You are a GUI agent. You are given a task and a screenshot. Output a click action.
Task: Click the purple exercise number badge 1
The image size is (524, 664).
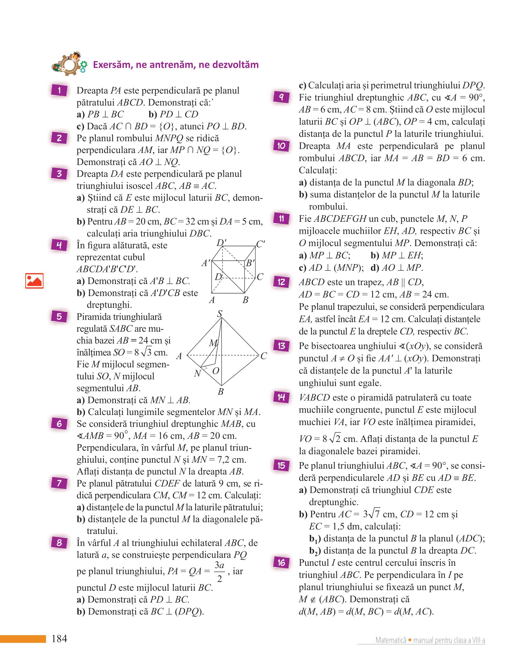59,90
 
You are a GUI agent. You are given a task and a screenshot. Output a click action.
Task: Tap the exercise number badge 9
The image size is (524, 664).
281,97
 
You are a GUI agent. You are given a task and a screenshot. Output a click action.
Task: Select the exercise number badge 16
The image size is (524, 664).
281,562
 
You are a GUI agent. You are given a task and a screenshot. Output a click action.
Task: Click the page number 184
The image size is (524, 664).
59,638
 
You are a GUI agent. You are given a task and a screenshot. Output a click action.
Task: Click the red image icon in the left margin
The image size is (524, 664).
34,281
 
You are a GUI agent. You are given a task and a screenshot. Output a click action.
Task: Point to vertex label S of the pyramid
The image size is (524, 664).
220,314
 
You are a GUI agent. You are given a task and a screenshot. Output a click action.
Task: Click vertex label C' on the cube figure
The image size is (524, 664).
260,244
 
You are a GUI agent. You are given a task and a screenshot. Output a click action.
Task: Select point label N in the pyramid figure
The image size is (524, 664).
197,373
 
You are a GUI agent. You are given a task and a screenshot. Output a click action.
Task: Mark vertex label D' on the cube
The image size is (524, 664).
221,243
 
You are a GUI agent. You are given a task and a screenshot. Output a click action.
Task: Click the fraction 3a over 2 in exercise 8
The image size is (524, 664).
220,572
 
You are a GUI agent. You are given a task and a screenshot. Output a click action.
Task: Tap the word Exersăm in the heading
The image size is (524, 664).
113,65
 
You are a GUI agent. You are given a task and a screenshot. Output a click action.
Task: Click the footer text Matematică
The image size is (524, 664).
391,640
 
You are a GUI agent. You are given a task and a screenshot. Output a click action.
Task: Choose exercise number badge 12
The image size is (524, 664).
281,282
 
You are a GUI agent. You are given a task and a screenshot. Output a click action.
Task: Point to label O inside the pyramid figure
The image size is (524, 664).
215,371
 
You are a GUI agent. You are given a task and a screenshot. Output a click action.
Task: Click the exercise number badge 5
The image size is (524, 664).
59,316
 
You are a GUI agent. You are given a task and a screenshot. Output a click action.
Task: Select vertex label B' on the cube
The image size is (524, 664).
250,263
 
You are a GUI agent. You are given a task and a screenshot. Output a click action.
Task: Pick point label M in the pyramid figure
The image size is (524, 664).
213,343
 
